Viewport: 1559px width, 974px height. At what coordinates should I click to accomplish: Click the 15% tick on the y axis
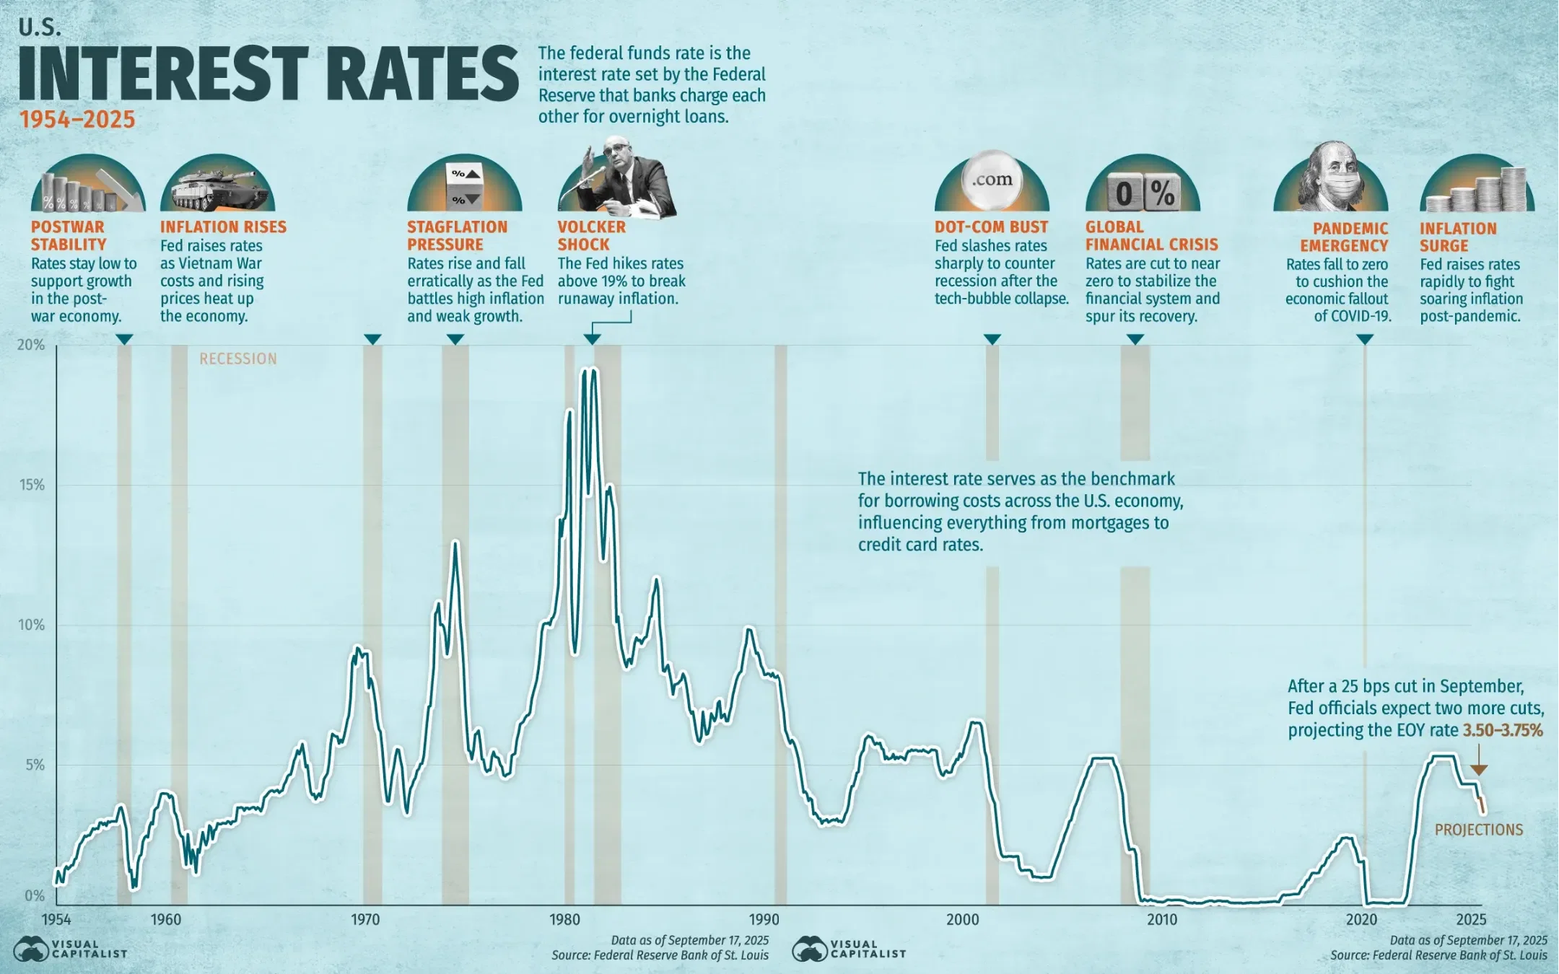point(32,485)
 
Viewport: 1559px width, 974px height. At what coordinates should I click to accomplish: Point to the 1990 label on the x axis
point(764,919)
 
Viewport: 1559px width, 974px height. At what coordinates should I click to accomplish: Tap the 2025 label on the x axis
point(1471,919)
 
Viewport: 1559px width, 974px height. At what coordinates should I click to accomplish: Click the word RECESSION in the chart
point(238,359)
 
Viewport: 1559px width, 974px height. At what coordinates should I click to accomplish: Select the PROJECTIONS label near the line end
point(1479,830)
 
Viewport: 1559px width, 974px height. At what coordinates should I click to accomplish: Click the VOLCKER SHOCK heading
point(591,235)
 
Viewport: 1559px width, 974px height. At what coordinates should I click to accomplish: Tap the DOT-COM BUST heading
point(991,227)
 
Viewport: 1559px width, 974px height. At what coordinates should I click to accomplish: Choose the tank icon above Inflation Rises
point(217,188)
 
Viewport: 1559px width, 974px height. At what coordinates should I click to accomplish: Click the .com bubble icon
point(992,180)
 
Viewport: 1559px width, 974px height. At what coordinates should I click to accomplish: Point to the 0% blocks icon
point(1143,192)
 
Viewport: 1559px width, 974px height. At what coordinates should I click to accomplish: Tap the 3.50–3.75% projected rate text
point(1503,730)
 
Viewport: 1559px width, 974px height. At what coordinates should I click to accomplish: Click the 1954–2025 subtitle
point(77,119)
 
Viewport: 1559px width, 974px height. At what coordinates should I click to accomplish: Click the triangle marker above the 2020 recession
point(1364,339)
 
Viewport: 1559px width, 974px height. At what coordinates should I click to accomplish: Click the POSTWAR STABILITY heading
point(69,235)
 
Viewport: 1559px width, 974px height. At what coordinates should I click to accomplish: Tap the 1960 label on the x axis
point(165,919)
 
